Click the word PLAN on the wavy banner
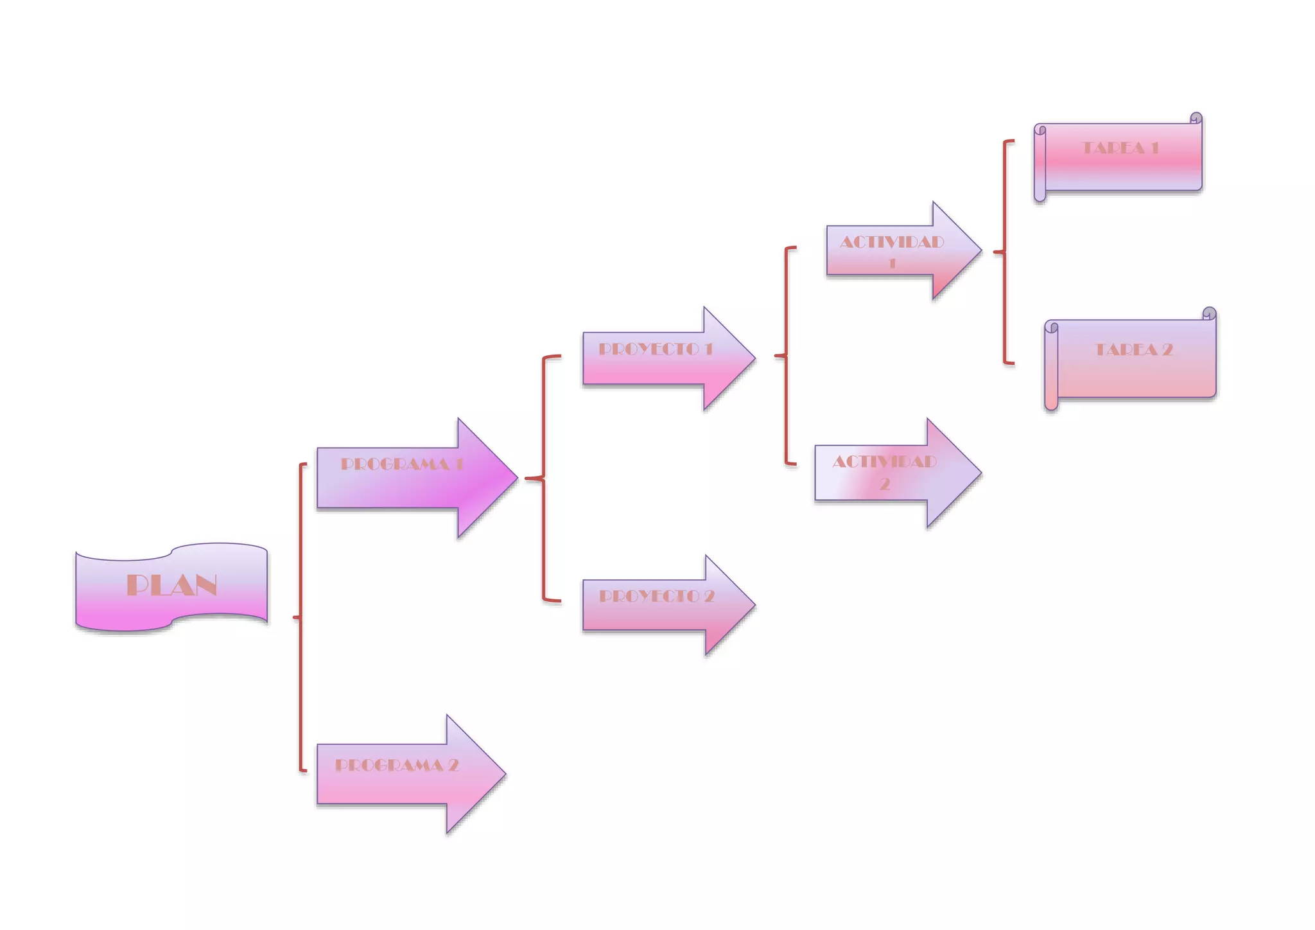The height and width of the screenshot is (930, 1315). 171,585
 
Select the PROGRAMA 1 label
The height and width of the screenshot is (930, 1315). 401,464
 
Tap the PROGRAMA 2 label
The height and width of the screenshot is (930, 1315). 397,765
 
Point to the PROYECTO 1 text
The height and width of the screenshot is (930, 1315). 656,349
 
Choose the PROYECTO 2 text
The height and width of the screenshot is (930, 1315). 656,596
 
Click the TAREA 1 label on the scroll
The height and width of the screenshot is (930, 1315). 1120,148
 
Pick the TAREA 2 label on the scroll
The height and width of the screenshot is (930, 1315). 1133,349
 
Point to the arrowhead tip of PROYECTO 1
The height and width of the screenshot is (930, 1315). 754,358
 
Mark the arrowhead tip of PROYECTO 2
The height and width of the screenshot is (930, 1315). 754,605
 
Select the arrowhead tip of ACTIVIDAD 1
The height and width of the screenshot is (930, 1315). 980,250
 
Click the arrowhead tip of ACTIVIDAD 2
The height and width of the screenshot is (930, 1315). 980,473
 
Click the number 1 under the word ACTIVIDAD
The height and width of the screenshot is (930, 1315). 892,263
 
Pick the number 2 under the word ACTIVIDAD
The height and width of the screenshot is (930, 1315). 884,484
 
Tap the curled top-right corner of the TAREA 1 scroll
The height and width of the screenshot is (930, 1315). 1196,119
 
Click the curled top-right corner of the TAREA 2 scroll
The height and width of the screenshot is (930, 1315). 1209,314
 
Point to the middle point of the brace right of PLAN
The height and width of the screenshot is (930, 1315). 295,617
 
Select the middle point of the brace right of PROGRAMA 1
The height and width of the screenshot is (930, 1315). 527,478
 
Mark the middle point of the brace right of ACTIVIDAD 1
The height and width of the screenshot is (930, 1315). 995,252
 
